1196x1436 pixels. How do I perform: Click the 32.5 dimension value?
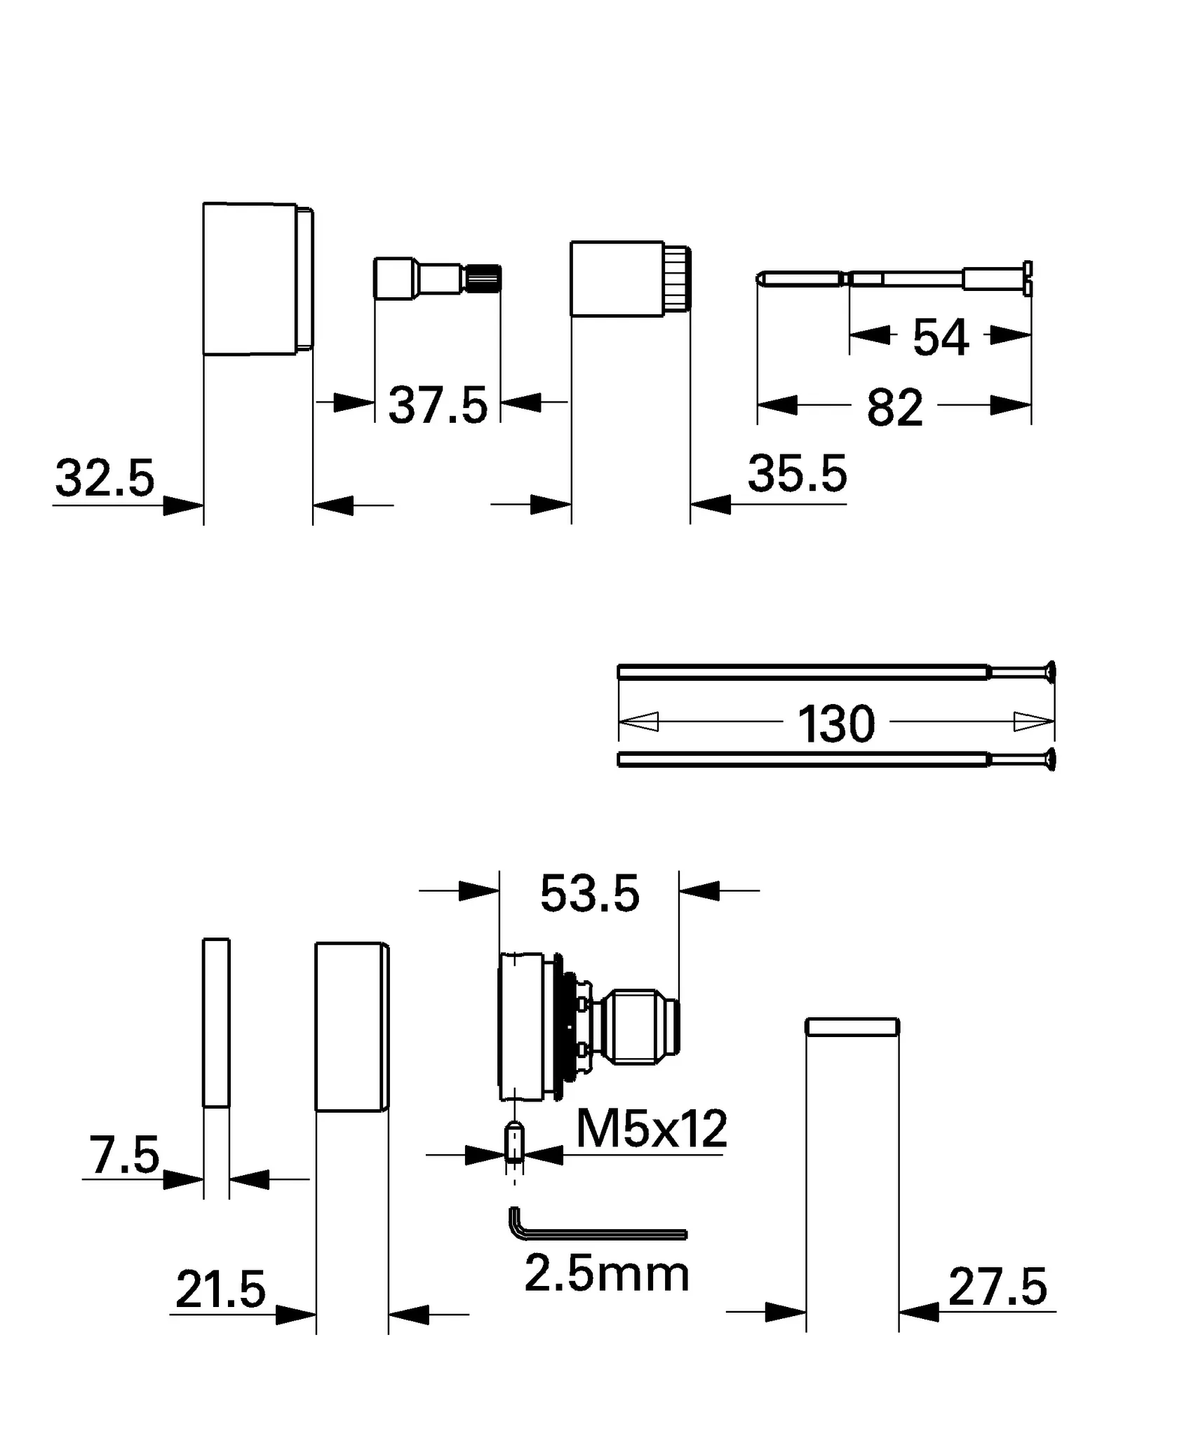[x=105, y=479]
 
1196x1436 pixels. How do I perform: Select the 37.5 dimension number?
[x=438, y=406]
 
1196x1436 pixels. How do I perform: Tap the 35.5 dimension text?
[x=798, y=475]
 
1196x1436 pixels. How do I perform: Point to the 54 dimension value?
[x=941, y=338]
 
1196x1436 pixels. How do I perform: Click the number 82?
[x=894, y=408]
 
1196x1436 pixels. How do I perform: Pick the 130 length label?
[x=836, y=725]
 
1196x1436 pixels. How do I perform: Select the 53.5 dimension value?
[x=590, y=895]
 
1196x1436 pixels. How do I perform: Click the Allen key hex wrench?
[x=596, y=1233]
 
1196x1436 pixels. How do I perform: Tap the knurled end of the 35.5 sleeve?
[x=678, y=279]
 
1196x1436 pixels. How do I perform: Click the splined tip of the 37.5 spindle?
[x=485, y=278]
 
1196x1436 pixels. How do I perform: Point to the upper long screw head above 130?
[x=1049, y=672]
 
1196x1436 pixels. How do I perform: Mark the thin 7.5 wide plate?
[x=216, y=1023]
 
